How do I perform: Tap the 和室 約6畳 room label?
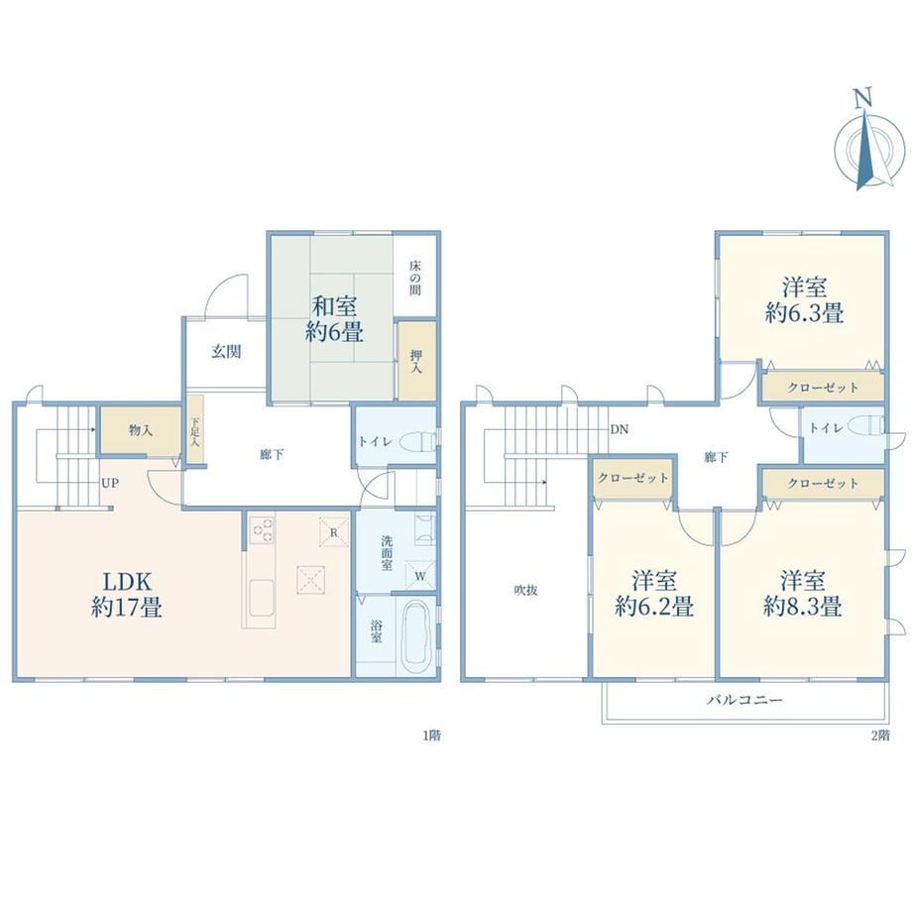click(x=334, y=319)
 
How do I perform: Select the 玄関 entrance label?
click(x=226, y=351)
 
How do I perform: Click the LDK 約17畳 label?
click(x=127, y=594)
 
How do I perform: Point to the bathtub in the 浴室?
click(x=416, y=634)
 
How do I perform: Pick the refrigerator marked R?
click(x=334, y=532)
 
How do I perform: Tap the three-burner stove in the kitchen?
click(x=262, y=529)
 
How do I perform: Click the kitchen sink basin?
click(x=261, y=598)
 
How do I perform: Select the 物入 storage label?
click(x=140, y=430)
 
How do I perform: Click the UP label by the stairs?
click(x=110, y=483)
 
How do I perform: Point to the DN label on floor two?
click(x=620, y=429)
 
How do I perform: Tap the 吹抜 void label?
click(x=525, y=590)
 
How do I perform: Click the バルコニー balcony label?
click(x=744, y=700)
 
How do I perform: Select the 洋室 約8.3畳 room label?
click(x=803, y=593)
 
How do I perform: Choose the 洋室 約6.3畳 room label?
click(x=804, y=300)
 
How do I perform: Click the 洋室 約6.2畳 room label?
click(x=654, y=593)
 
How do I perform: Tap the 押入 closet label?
click(x=416, y=361)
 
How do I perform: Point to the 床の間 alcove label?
click(x=414, y=278)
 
